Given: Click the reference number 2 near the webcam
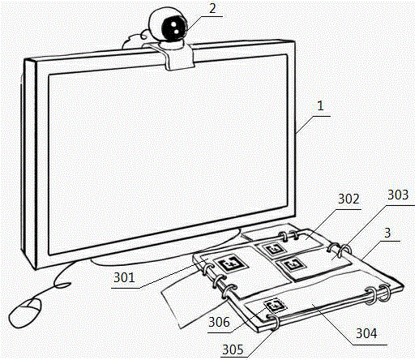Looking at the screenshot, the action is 212,9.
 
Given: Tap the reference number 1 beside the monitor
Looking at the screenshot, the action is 320,106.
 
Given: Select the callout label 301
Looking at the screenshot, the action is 124,277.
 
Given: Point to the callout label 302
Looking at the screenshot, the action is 348,199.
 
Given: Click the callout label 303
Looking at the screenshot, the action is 398,195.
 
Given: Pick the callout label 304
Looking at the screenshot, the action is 366,333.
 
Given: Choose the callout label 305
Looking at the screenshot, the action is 233,350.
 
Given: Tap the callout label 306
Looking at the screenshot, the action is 219,322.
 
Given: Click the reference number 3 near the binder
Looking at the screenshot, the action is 387,233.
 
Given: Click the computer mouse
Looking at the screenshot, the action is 25,312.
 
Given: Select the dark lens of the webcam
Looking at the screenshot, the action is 174,27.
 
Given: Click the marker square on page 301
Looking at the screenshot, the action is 230,264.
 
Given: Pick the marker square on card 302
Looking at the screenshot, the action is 273,249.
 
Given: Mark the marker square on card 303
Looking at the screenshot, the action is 291,264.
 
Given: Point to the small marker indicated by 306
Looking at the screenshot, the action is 276,306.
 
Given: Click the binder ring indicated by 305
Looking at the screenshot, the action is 274,322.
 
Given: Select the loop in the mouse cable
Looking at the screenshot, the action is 62,285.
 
